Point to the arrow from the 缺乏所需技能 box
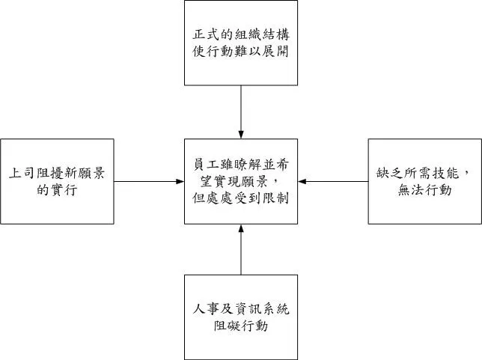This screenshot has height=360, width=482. [x=332, y=181]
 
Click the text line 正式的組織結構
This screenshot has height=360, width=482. [x=240, y=35]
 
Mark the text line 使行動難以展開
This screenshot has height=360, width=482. [x=240, y=52]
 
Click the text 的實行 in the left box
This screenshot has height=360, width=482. [x=58, y=190]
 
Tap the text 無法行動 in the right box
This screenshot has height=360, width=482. [x=424, y=190]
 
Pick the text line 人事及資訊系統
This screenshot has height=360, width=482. [x=240, y=309]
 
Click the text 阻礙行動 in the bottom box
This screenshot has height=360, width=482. [x=240, y=326]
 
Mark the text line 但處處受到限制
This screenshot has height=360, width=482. [x=240, y=199]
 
